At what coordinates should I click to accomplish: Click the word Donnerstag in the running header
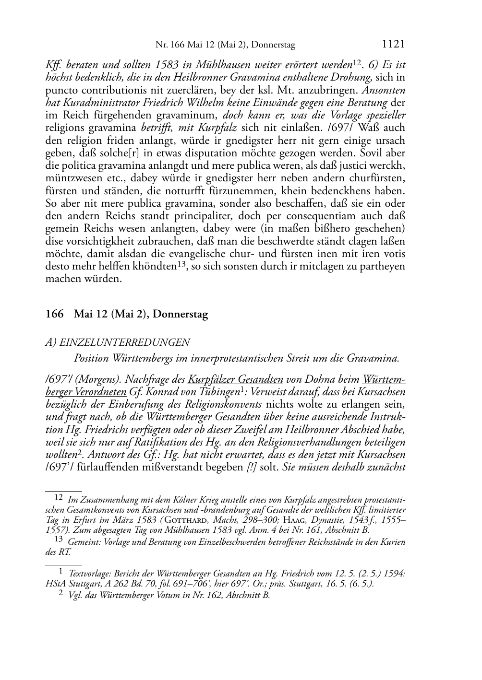tap(275, 46)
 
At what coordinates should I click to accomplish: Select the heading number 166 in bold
tap(54, 315)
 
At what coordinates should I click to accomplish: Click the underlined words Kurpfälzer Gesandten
tap(235, 379)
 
